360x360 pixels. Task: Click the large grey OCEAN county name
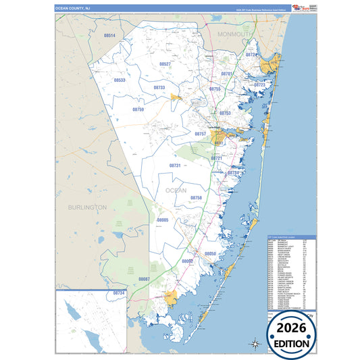[x=176, y=190]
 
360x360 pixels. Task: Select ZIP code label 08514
[x=109, y=35]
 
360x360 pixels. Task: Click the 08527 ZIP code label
[x=165, y=63]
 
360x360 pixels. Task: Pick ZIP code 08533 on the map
[x=120, y=80]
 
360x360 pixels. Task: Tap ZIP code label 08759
[x=138, y=109]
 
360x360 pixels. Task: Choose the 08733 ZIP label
[x=159, y=87]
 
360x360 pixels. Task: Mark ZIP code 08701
[x=227, y=73]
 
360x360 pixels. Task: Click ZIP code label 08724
[x=251, y=54]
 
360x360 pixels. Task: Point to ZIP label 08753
[x=225, y=113]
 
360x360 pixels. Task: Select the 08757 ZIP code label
[x=201, y=134]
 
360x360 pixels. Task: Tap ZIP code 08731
[x=175, y=165]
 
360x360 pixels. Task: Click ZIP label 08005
[x=163, y=220]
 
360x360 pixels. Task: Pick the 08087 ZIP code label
[x=144, y=278]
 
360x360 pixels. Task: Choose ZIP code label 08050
[x=210, y=253]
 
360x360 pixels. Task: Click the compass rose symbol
[x=256, y=344]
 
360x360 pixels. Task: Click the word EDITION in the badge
[x=299, y=343]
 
